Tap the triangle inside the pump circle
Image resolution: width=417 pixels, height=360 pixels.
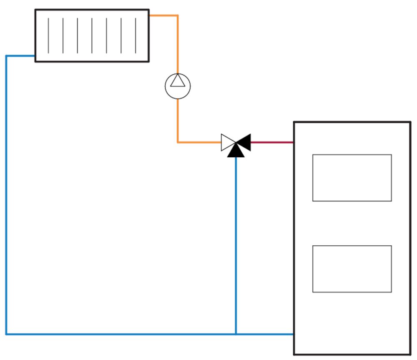(178, 81)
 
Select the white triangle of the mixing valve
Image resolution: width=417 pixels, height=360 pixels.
(227, 142)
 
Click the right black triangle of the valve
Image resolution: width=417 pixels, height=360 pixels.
(244, 142)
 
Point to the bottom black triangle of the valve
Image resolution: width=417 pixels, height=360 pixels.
(236, 151)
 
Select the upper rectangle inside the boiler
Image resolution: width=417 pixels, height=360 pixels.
(352, 178)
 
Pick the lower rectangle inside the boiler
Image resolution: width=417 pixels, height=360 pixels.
(352, 269)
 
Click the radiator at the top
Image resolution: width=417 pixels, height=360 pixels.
(92, 35)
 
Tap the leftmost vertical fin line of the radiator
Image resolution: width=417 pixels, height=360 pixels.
(48, 35)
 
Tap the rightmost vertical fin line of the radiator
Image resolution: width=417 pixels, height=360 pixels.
(136, 35)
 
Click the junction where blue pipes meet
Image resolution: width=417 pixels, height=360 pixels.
(236, 334)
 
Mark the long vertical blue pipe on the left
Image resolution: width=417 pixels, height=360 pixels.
(6, 192)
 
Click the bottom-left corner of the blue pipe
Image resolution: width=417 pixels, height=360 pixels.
(6, 334)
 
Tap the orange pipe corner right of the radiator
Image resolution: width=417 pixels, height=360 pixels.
(178, 16)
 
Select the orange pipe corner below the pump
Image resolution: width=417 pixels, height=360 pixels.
(178, 142)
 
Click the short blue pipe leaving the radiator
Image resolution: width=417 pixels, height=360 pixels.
(20, 55)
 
